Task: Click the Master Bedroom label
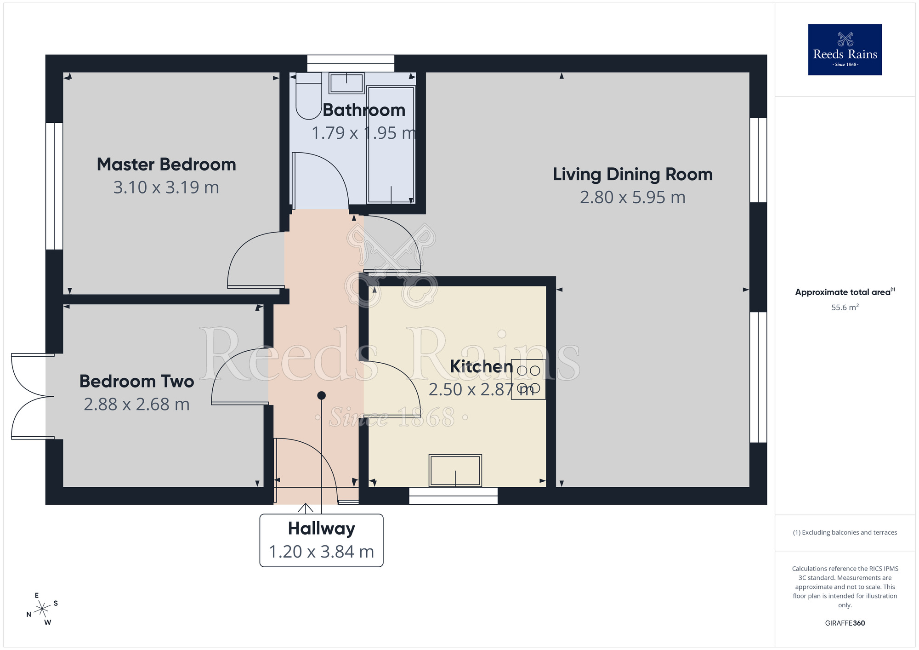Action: pos(166,165)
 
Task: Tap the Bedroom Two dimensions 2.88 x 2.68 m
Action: pos(136,405)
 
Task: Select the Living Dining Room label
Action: pos(632,175)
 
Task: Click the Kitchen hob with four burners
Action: pos(528,379)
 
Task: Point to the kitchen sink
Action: pos(455,470)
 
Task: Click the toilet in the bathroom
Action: pos(308,96)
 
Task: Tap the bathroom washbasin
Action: pos(346,83)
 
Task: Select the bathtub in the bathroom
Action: pos(391,145)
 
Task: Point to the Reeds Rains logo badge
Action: pos(845,50)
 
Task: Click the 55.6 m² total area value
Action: pos(845,308)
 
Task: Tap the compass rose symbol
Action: pos(42,609)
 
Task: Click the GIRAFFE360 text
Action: pos(845,623)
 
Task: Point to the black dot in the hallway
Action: pos(322,395)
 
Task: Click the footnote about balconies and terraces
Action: pos(845,533)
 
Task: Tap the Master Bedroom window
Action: pos(54,186)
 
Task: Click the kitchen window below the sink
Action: pos(453,496)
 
